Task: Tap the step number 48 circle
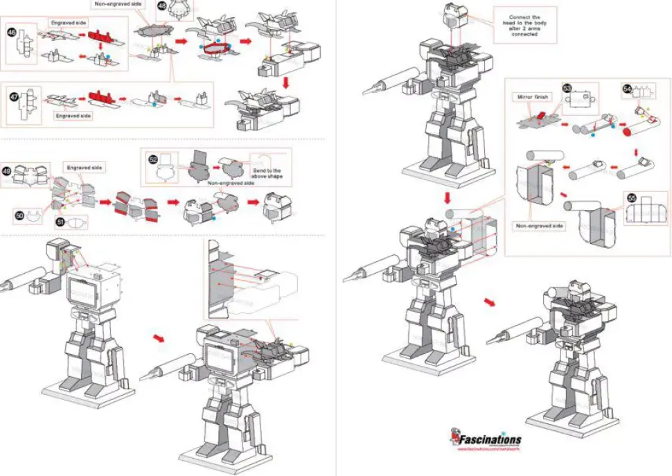[161, 6]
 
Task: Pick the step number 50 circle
[19, 215]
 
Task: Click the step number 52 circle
[153, 159]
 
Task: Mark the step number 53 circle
[567, 89]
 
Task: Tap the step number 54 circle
[627, 89]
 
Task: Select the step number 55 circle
[630, 197]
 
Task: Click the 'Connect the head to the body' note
[524, 26]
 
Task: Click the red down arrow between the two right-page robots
[449, 199]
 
